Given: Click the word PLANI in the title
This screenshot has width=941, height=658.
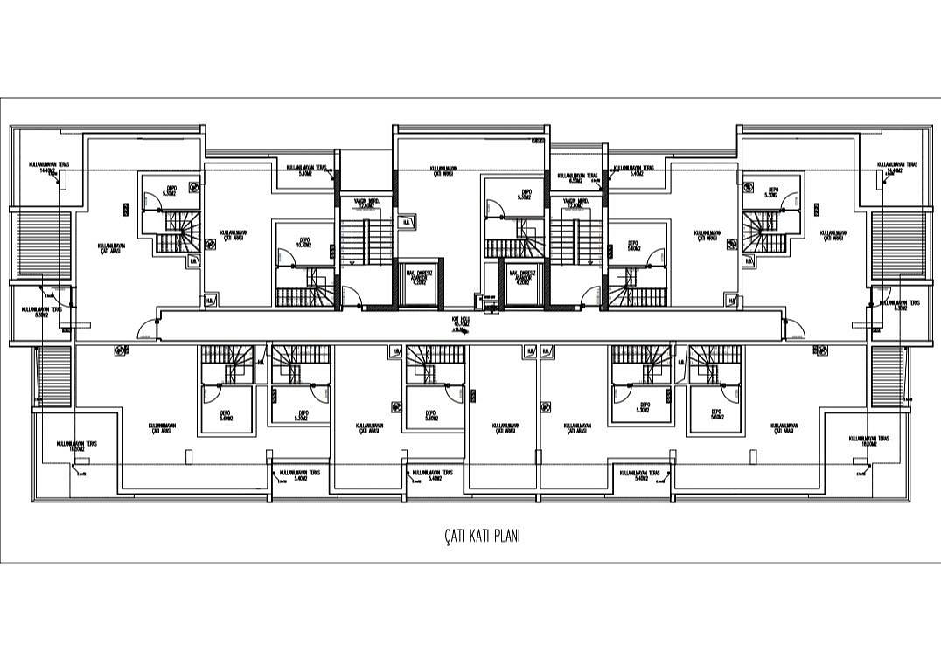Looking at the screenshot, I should click(x=506, y=536).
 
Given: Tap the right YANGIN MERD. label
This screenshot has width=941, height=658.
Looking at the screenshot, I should click(x=575, y=204).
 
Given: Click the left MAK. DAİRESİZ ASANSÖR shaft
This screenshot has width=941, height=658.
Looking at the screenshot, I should click(x=415, y=281).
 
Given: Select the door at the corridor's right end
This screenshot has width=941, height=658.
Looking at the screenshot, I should click(x=795, y=329).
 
